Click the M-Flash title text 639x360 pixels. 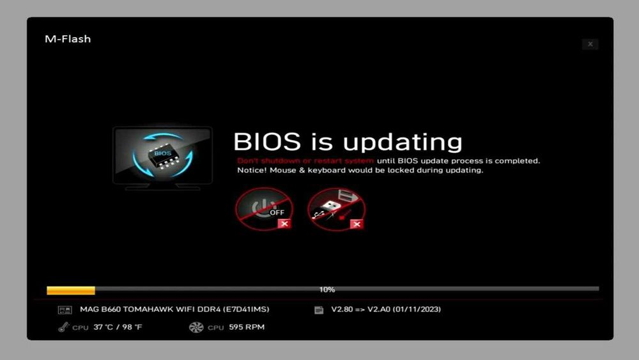(x=68, y=39)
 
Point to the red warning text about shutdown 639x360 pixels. (x=305, y=160)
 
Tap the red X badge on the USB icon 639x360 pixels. (x=357, y=223)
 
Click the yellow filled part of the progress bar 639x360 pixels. (x=71, y=290)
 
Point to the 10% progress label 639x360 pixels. (x=327, y=290)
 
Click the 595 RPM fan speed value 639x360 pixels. (x=246, y=327)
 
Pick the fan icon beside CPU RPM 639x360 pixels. (x=196, y=327)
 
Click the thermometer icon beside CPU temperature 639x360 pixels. (x=63, y=327)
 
